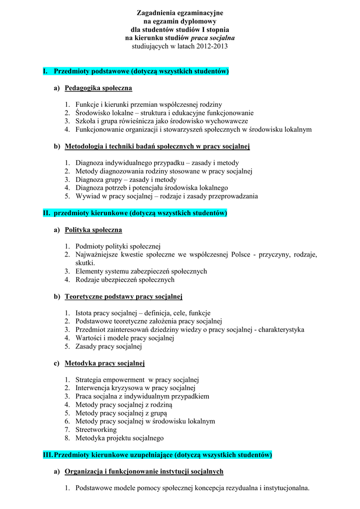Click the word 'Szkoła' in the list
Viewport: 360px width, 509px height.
86,121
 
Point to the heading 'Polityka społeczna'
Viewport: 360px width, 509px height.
93,230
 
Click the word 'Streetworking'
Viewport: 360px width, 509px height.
96,429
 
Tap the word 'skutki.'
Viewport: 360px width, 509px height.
85,263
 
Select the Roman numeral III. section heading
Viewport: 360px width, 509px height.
158,455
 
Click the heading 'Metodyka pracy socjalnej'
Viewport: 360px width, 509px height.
104,363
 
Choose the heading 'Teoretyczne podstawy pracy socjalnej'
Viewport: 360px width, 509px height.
123,297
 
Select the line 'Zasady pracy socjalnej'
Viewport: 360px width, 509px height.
108,346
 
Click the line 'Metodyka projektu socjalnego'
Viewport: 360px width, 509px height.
119,438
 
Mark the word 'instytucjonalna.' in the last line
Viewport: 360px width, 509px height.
286,488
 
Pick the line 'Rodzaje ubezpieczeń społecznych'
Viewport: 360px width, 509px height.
125,280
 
